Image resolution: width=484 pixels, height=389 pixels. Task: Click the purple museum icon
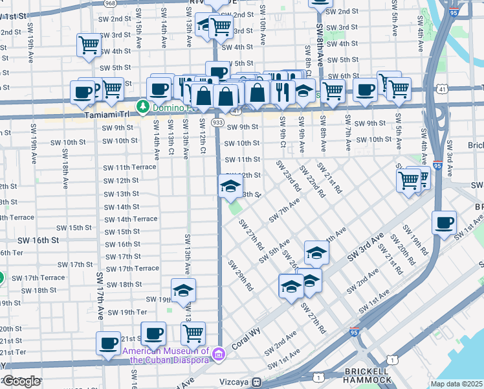coord(219,354)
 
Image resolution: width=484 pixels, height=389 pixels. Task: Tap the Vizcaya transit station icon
coord(256,382)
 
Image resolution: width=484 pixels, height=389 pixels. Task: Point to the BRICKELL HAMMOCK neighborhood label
coord(364,375)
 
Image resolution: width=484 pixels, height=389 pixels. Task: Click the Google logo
coord(21,381)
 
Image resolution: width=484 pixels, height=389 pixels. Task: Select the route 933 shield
coord(218,122)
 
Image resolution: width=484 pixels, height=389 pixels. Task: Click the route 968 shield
coord(111,3)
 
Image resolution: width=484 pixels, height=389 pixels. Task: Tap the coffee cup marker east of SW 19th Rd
coord(444,223)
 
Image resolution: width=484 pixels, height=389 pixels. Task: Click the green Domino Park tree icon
coord(141,105)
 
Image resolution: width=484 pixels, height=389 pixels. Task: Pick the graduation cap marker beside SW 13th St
coord(229,187)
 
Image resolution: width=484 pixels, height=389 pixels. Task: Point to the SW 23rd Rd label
coord(289,176)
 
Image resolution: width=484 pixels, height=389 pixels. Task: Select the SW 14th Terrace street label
coord(130,219)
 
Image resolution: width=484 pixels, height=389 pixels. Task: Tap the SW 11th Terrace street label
coord(129,167)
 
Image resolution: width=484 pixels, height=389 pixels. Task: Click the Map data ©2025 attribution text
coord(457,384)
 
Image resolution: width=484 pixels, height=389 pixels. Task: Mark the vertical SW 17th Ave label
coord(101,296)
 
